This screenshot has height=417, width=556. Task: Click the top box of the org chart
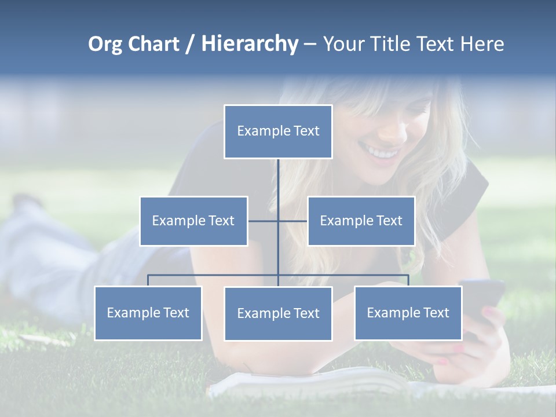278,131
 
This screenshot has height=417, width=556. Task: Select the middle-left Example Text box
193,221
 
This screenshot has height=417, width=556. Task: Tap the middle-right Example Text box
361,221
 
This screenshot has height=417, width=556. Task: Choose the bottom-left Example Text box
148,313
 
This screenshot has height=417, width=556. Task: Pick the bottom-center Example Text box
278,313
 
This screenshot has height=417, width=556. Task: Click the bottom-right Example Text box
408,313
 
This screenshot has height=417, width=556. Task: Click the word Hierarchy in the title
250,44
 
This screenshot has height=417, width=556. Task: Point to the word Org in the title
105,44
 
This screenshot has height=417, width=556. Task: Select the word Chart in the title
153,44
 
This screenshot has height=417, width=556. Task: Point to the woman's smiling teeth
382,153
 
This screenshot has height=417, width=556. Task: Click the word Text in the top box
306,131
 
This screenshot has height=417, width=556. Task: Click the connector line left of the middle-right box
293,221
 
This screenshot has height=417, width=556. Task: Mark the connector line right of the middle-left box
263,221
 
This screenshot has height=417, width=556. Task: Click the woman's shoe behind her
26,203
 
